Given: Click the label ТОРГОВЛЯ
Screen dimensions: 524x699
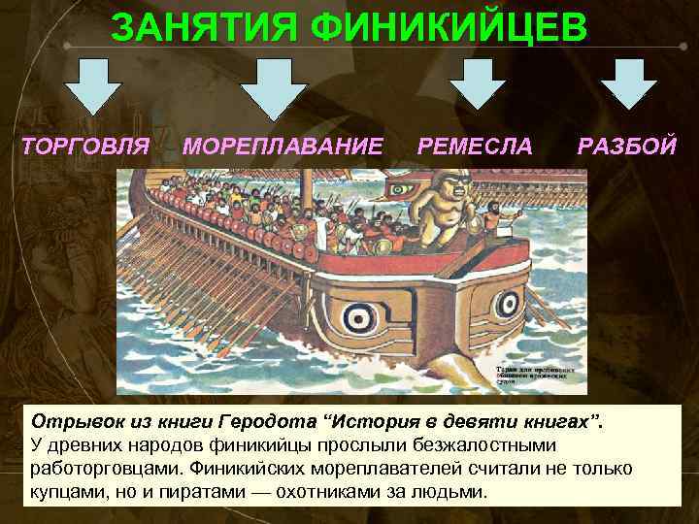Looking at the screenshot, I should pos(85,147).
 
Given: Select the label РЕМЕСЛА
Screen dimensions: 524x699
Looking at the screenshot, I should pos(475,147).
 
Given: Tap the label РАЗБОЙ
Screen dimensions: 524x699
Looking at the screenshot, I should pos(626,147).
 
